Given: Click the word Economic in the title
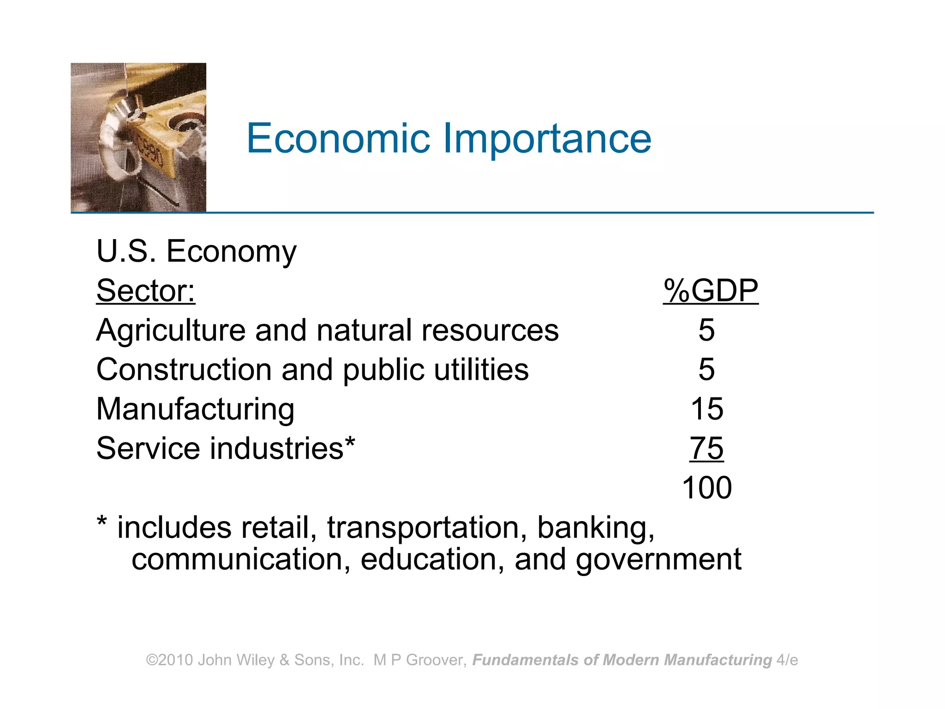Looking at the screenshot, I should [338, 138].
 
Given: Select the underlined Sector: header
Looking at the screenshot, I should [146, 291].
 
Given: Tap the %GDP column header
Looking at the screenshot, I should [711, 291].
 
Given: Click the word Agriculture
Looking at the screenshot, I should [170, 331].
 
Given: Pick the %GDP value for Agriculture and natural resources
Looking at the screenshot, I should [706, 330].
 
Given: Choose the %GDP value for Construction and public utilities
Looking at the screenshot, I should [706, 370].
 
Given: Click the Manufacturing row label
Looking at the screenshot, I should [195, 409].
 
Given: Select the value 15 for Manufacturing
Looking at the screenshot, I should [706, 409].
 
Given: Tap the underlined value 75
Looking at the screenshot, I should [706, 448].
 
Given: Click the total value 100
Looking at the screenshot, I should [706, 488].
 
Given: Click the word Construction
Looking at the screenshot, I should [184, 370].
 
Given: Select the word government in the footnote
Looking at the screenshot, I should [658, 560].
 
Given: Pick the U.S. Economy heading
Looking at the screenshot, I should [197, 252].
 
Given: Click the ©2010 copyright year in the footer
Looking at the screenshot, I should [169, 660].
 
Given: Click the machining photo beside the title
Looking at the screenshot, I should [138, 138].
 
